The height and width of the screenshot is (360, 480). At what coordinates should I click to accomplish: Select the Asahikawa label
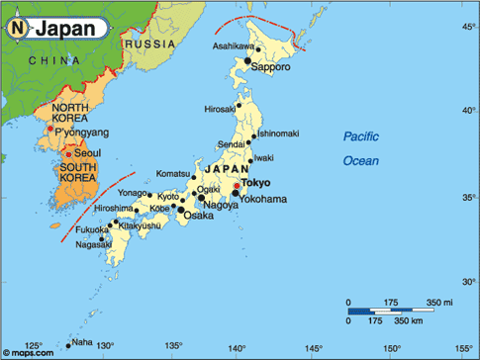pyautogui.click(x=240, y=47)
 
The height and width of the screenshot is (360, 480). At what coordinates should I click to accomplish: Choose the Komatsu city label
pyautogui.click(x=174, y=174)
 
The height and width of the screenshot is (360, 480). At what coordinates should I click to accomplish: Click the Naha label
pyautogui.click(x=83, y=343)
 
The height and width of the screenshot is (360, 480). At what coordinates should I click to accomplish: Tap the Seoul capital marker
pyautogui.click(x=67, y=154)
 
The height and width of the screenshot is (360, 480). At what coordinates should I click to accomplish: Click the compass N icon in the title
pyautogui.click(x=19, y=28)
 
